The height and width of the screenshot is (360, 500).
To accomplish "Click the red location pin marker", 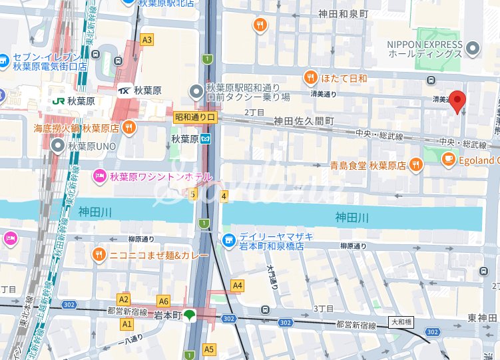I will pyautogui.click(x=457, y=100).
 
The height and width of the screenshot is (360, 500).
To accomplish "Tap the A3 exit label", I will pyautogui.click(x=147, y=40).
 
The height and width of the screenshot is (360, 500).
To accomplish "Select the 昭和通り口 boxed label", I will pyautogui.click(x=195, y=116).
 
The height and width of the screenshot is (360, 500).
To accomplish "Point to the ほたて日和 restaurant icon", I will pyautogui.click(x=310, y=79).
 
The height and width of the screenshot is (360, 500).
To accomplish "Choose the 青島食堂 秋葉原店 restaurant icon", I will pyautogui.click(x=415, y=164).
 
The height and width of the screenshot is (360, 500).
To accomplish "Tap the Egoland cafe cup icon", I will pyautogui.click(x=449, y=160).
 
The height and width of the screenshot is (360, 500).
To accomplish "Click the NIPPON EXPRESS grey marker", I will pyautogui.click(x=473, y=48).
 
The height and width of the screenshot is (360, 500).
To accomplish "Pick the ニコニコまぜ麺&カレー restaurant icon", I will pyautogui.click(x=99, y=255).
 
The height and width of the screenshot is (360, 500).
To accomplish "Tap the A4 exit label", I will pyautogui.click(x=237, y=285).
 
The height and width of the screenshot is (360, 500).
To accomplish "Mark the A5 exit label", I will pyautogui.click(x=209, y=349).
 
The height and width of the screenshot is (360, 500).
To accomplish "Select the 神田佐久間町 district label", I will pyautogui.click(x=304, y=121).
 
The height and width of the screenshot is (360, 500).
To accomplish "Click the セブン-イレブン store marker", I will pyautogui.click(x=4, y=60).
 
